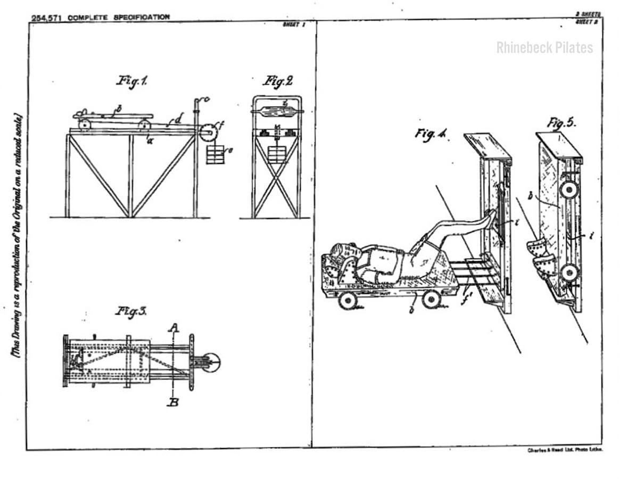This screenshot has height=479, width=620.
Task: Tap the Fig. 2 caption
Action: tap(277, 81)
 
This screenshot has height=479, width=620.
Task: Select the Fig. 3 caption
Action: tap(131, 311)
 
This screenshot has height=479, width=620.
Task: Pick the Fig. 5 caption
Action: tap(561, 123)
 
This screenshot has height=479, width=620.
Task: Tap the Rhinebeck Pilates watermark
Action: tap(544, 48)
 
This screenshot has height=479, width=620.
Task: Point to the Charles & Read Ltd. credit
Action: tap(565, 450)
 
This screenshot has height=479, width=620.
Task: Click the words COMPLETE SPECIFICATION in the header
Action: tap(119, 17)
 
